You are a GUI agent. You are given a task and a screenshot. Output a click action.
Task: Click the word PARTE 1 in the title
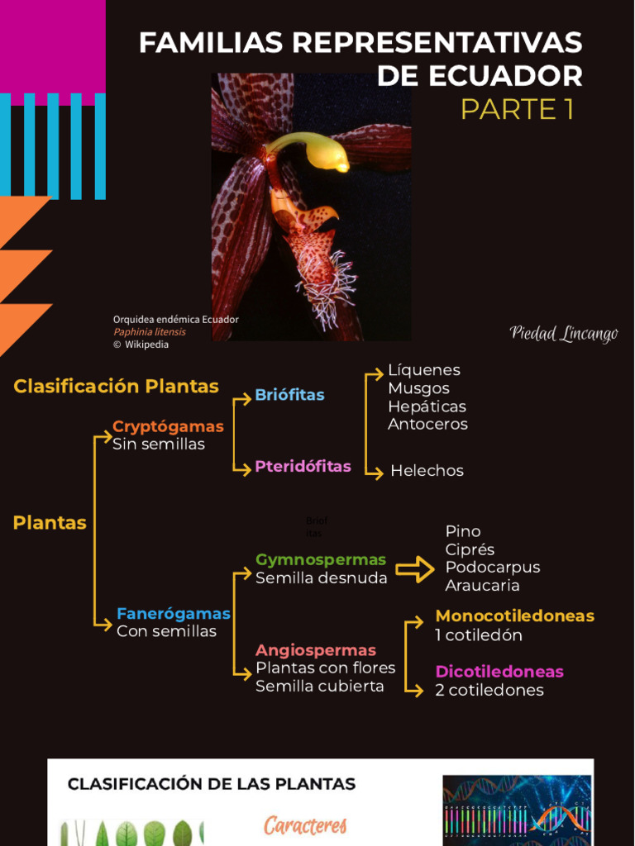[x=517, y=108]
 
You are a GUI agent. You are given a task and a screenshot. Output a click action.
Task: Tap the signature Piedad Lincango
[x=564, y=334]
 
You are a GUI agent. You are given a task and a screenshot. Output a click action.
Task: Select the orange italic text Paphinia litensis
[x=150, y=332]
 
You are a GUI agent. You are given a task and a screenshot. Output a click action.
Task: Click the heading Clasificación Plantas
[x=116, y=386]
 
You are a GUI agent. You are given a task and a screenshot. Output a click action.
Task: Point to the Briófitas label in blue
[x=289, y=395]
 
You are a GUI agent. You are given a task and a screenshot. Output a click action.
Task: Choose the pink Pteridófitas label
[x=303, y=466]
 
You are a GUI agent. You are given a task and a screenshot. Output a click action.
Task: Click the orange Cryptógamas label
[x=168, y=426]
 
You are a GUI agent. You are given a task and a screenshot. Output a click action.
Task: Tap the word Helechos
[x=427, y=471]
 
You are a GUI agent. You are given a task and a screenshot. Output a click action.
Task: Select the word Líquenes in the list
[x=424, y=370]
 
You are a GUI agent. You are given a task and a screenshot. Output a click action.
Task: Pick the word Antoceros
[x=427, y=424]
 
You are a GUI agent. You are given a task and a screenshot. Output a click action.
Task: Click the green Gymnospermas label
[x=321, y=560]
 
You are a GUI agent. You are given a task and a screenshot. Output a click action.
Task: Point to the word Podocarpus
[x=492, y=568]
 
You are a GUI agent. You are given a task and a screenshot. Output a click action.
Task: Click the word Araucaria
[x=482, y=586]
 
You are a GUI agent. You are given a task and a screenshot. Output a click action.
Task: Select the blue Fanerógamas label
[x=173, y=614]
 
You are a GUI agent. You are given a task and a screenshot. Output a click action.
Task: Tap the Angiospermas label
[x=315, y=650]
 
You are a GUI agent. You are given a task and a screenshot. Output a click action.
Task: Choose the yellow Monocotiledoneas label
[x=514, y=616]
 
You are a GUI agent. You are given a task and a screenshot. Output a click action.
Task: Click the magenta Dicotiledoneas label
[x=499, y=672]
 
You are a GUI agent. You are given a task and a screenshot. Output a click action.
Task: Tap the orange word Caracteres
[x=305, y=825]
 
